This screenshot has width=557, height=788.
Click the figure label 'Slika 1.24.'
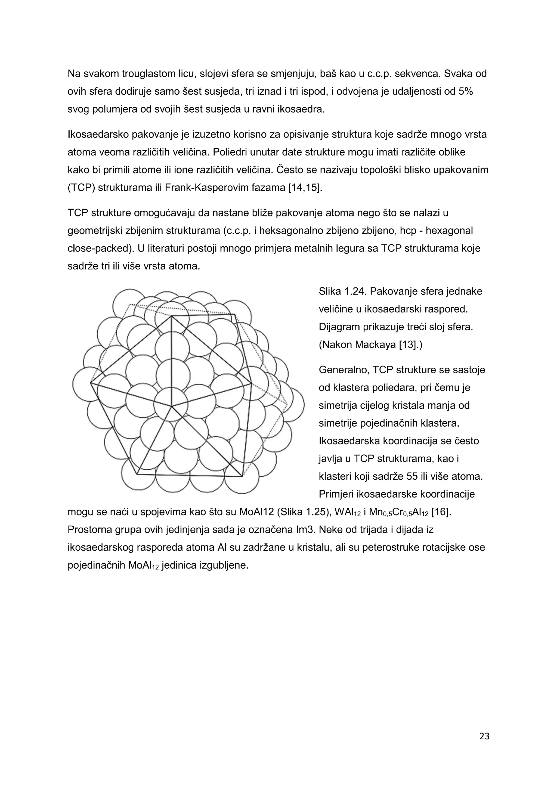click(342, 291)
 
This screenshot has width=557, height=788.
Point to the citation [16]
click(441, 512)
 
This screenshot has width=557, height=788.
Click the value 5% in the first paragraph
click(465, 92)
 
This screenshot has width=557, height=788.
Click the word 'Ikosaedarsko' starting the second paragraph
click(98, 134)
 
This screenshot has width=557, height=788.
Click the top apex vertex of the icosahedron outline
click(171, 316)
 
